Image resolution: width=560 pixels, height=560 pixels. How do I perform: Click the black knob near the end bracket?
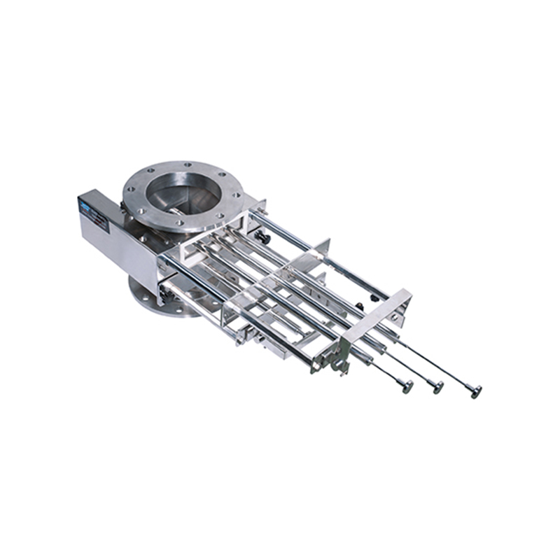tap(359, 306)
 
